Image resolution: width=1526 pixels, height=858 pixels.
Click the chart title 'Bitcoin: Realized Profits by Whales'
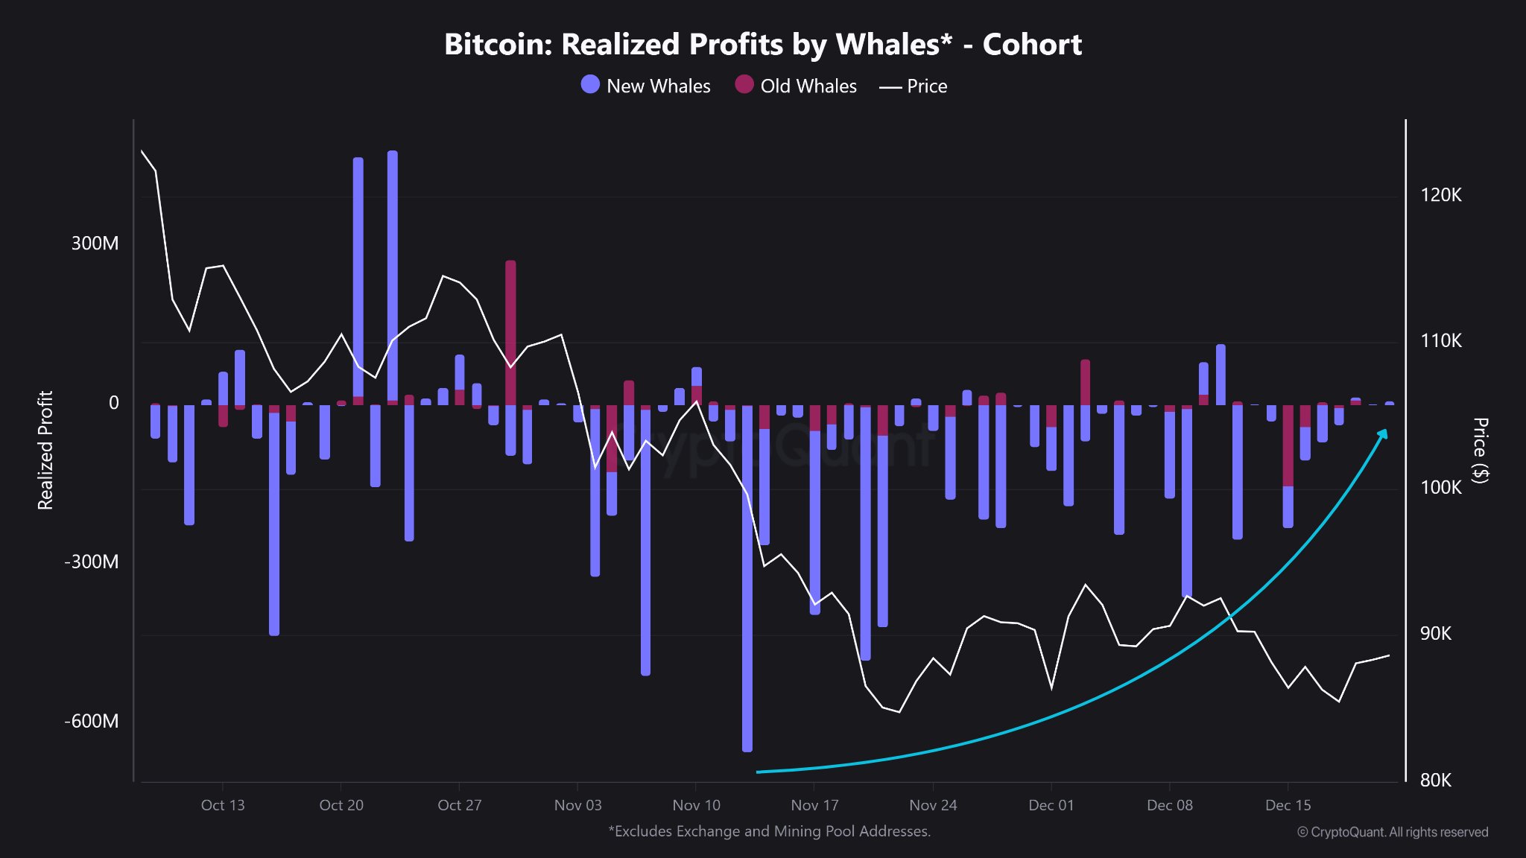[762, 45]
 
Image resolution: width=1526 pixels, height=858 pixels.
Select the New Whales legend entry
[645, 86]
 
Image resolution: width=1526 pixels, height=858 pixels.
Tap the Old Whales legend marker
[744, 84]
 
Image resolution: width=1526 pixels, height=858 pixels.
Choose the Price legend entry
[914, 86]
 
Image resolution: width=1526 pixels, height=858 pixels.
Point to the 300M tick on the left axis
[95, 244]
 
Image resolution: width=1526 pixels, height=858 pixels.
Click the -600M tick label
[91, 721]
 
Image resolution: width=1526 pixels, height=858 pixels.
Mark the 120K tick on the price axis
[1440, 195]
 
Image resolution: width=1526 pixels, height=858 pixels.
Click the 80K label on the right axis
[1435, 780]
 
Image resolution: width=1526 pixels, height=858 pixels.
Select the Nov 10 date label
[696, 805]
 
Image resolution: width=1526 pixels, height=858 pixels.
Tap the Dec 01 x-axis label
[1051, 805]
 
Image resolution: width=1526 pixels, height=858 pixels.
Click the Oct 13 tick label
[222, 805]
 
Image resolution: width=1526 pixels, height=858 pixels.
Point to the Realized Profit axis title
[45, 450]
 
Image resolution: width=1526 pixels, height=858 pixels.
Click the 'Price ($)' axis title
[1481, 450]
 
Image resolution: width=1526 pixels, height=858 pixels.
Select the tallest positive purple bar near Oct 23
[393, 276]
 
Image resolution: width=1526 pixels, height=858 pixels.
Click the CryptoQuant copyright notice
[1392, 832]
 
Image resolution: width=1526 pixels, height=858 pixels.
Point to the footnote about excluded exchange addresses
[769, 831]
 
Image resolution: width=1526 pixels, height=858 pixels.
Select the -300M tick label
[91, 562]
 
